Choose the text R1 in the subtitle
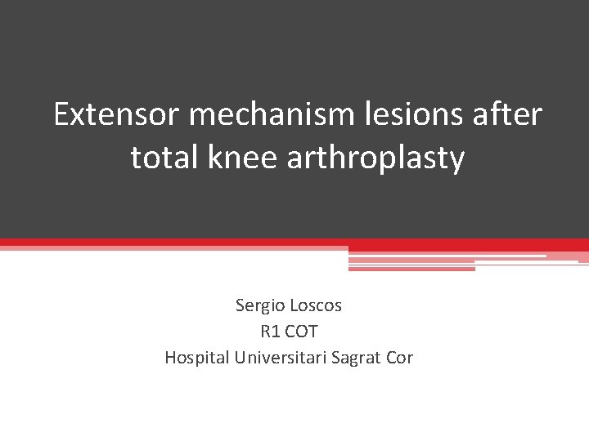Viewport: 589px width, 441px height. [270, 332]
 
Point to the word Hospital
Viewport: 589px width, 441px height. [197, 358]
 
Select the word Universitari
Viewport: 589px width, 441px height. [281, 358]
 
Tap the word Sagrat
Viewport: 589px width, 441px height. [357, 358]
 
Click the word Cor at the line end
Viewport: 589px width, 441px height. [400, 358]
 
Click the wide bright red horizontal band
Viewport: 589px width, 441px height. [294, 244]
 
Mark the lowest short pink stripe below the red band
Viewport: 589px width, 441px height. [411, 268]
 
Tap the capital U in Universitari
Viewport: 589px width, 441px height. [240, 358]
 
